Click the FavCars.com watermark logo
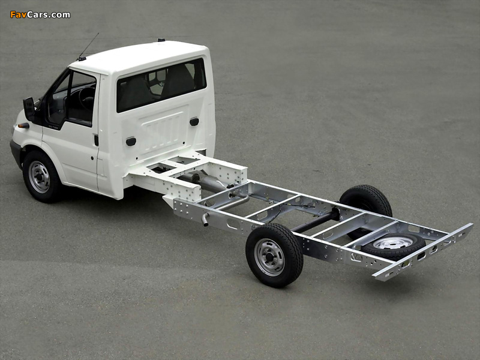(x=40, y=14)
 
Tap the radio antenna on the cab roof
(x=88, y=47)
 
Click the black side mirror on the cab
(x=29, y=109)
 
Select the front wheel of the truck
(x=41, y=176)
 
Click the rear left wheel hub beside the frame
(x=269, y=257)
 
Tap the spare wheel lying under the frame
(x=393, y=245)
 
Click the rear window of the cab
(x=161, y=85)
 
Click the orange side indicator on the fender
(x=23, y=125)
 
